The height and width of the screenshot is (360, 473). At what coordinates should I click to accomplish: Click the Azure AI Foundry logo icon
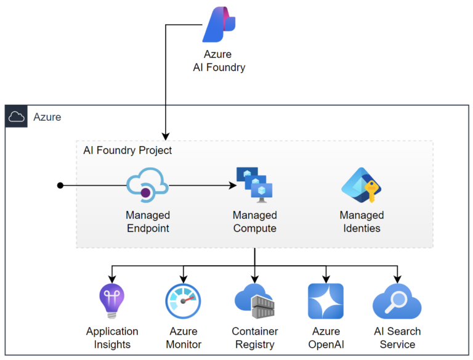[219, 24]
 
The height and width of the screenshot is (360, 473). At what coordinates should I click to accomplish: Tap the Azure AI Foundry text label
[219, 61]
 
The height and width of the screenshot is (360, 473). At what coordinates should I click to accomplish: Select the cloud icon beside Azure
[17, 117]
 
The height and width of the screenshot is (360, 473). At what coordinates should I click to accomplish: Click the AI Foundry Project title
[127, 150]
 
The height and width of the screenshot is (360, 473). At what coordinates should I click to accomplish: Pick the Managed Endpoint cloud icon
[147, 185]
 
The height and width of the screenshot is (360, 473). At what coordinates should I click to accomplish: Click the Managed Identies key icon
[362, 185]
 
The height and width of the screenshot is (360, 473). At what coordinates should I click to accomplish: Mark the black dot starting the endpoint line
[60, 185]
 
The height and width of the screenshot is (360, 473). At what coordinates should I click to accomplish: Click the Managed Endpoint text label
[147, 222]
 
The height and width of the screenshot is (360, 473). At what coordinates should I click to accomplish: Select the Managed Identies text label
[362, 222]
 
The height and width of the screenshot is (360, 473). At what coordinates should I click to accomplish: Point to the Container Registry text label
[254, 338]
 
